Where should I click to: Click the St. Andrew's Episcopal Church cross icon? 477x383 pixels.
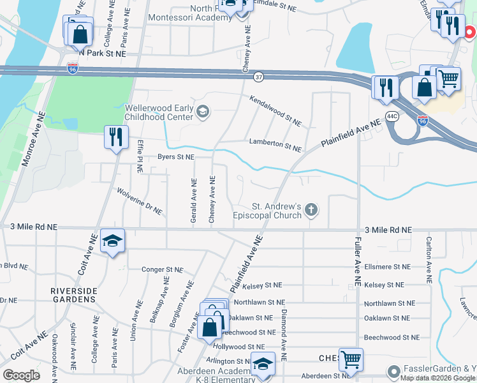click(311, 209)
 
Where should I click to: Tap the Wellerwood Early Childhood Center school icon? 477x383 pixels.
click(203, 112)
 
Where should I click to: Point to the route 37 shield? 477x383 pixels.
click(258, 77)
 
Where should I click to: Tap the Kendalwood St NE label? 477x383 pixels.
click(275, 110)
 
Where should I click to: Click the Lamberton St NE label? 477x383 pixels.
click(275, 144)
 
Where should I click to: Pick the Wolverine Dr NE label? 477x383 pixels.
click(139, 200)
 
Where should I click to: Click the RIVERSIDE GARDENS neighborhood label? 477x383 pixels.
click(75, 295)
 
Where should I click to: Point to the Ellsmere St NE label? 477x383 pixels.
click(387, 266)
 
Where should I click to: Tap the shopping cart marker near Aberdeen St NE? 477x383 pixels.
click(351, 359)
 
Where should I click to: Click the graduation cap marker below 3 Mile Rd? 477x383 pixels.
click(113, 241)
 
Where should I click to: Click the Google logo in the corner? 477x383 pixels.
click(21, 375)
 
